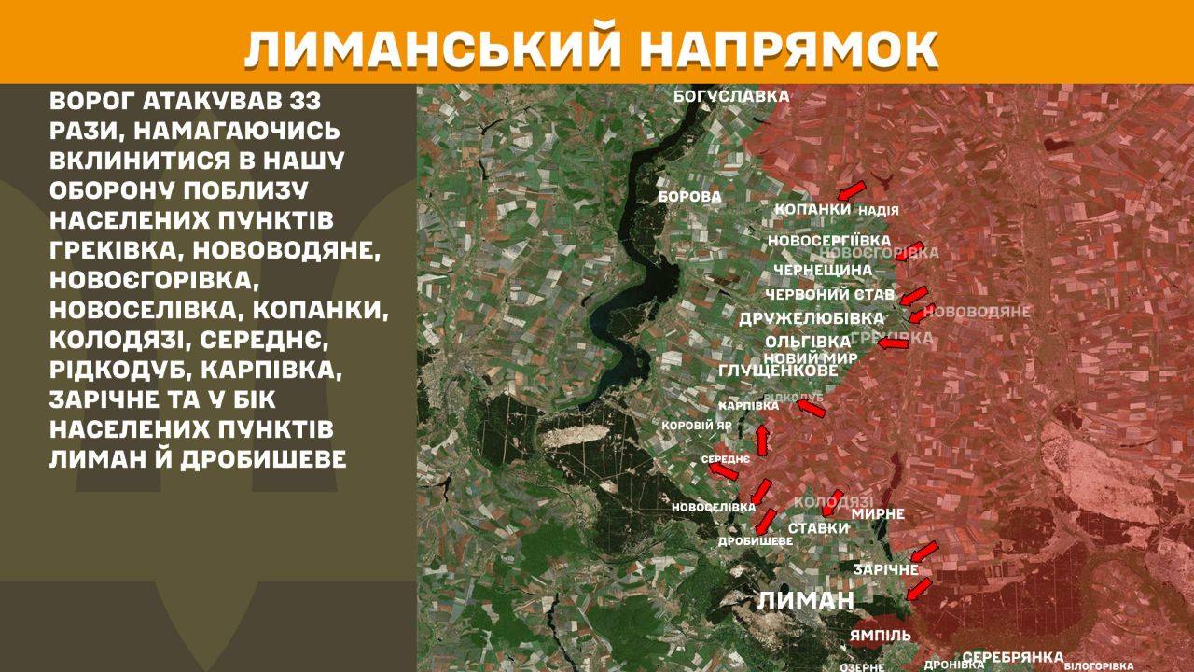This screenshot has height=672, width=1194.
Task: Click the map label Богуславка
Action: pos(732,96)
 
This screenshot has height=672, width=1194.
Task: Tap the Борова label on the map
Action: pos(690,197)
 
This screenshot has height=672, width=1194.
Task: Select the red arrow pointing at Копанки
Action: pos(850,190)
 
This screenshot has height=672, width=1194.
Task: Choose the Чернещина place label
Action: pos(823,270)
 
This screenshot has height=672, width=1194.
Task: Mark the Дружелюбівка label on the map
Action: pos(811,318)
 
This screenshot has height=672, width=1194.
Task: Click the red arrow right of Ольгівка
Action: pos(893,343)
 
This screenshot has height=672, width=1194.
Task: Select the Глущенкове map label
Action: pos(778,371)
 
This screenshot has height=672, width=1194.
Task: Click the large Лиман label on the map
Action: pos(805,600)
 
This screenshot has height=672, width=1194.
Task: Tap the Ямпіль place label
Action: pos(880,636)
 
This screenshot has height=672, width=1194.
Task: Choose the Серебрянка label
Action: pos(1013,656)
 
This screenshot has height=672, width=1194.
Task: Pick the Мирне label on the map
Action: pos(878,513)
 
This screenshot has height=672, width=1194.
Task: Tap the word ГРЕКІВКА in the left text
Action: pos(118,251)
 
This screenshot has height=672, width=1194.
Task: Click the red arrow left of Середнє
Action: pos(723,471)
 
